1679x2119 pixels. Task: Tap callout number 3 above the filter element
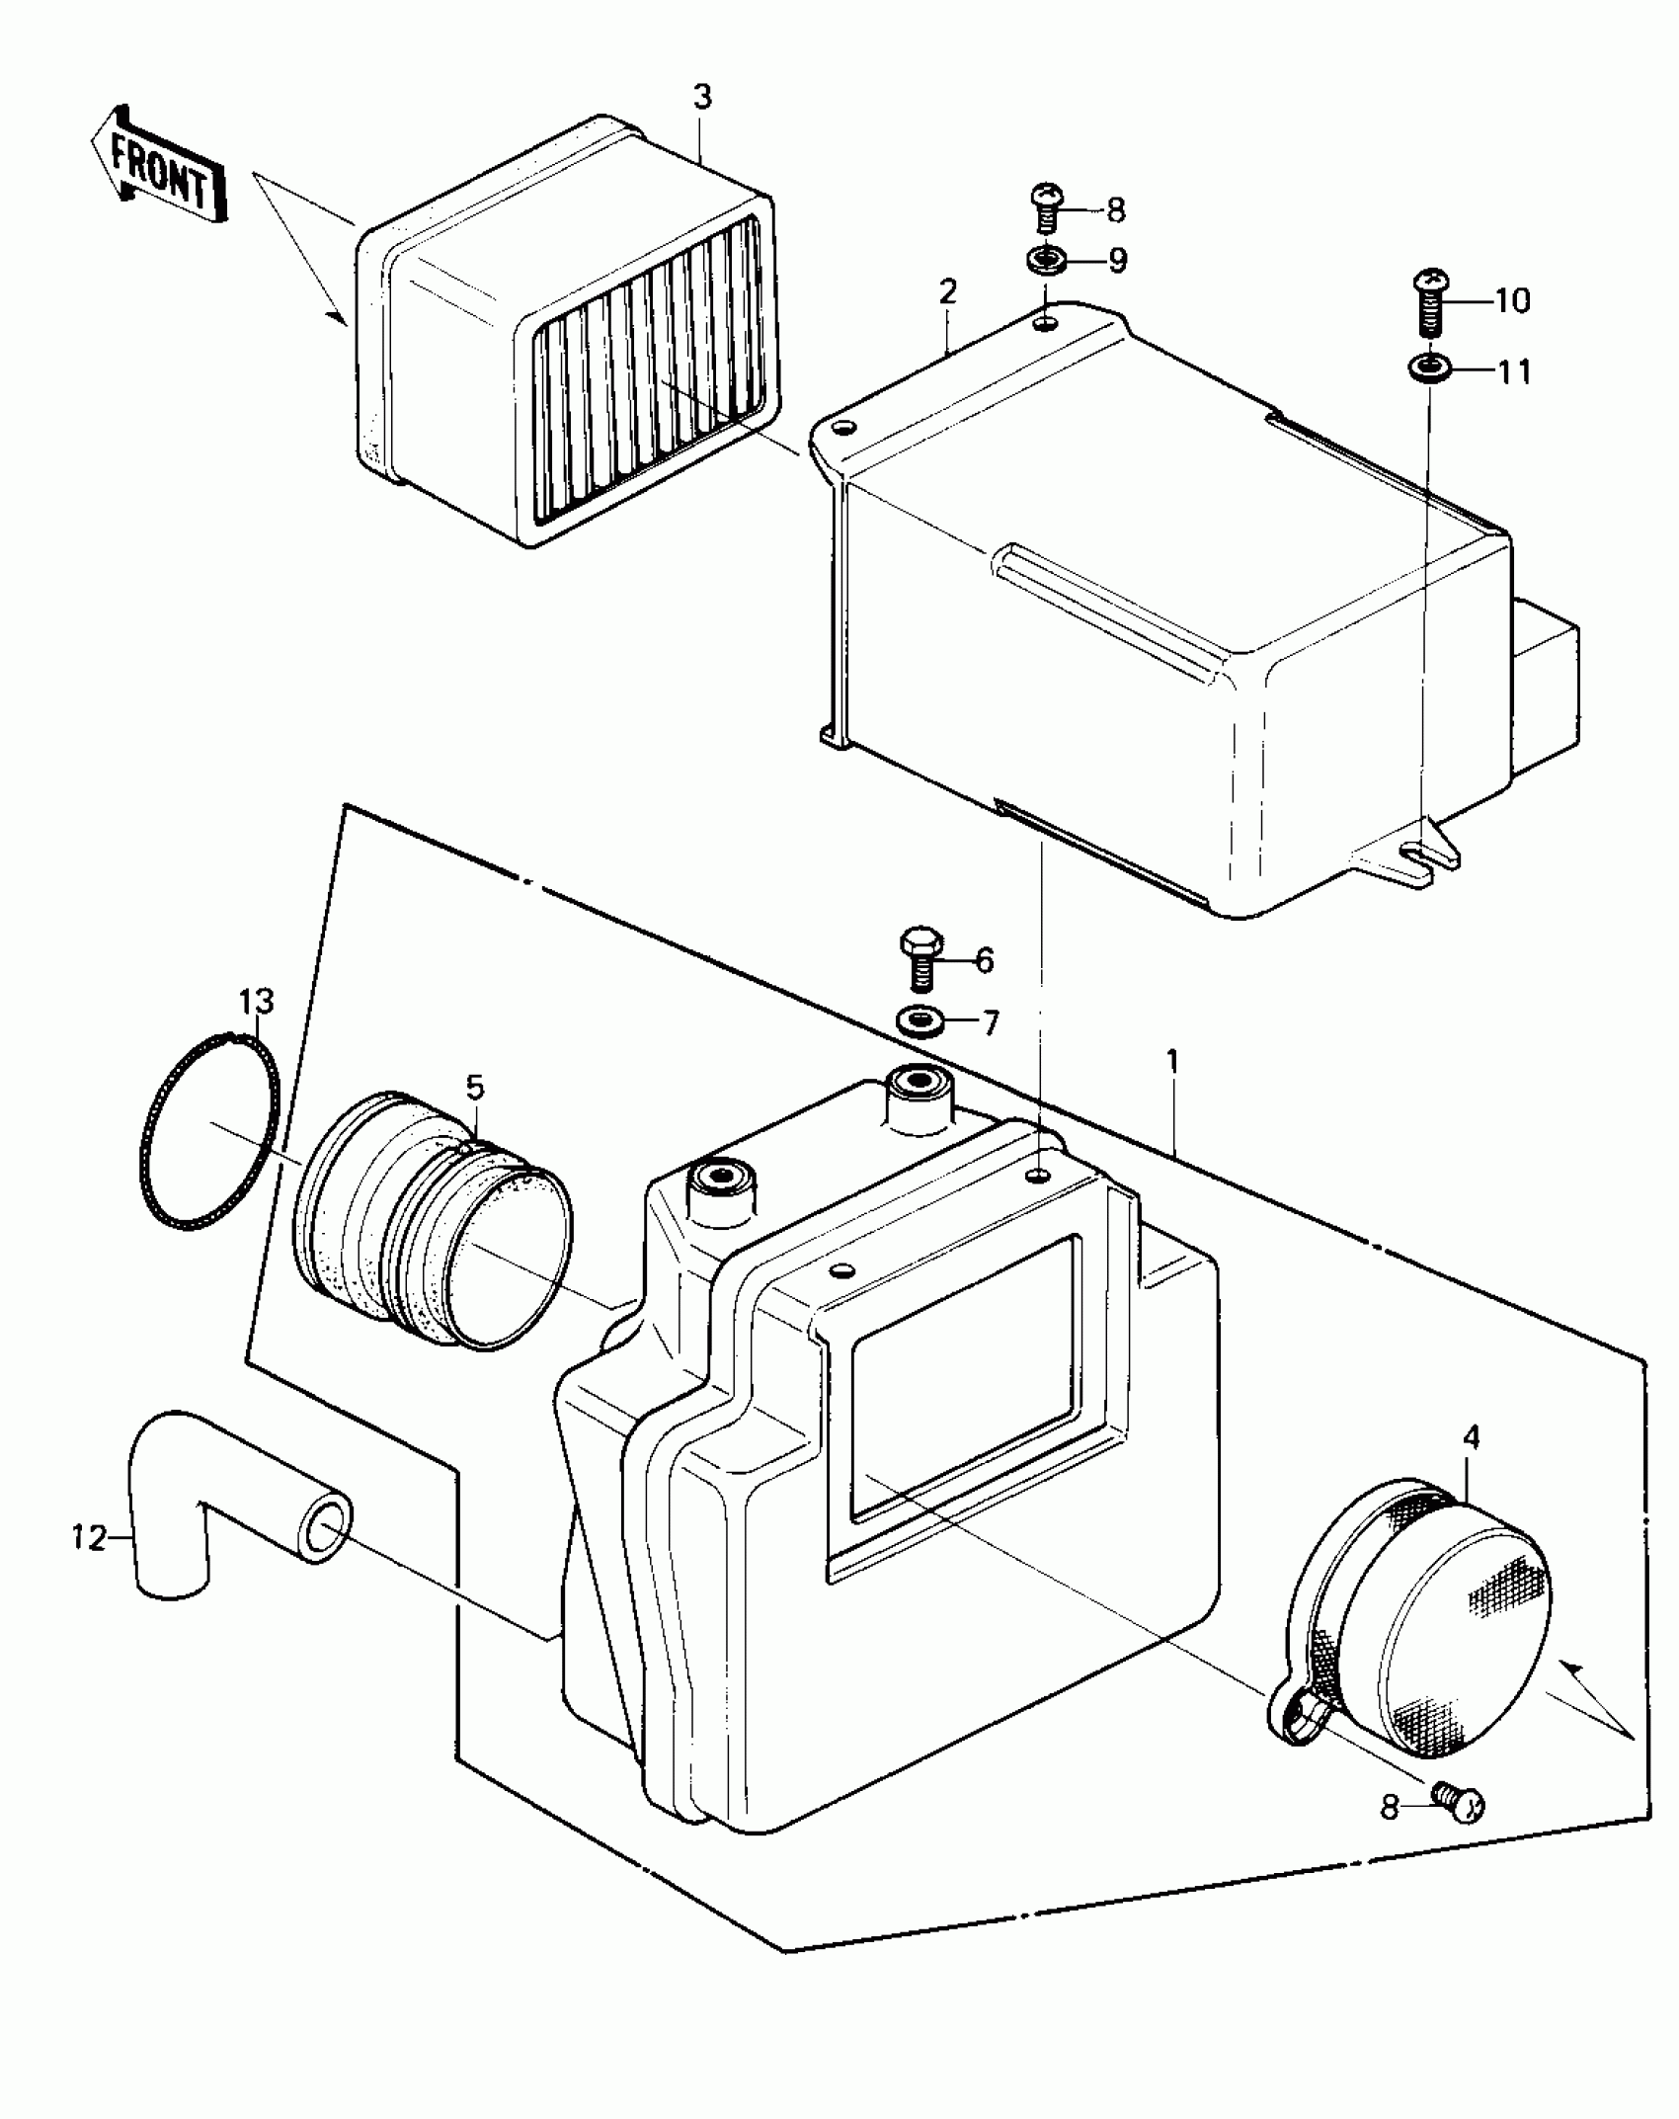701,97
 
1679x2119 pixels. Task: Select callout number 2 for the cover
947,291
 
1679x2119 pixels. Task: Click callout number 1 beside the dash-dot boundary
1171,1063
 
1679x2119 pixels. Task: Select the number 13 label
256,1002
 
